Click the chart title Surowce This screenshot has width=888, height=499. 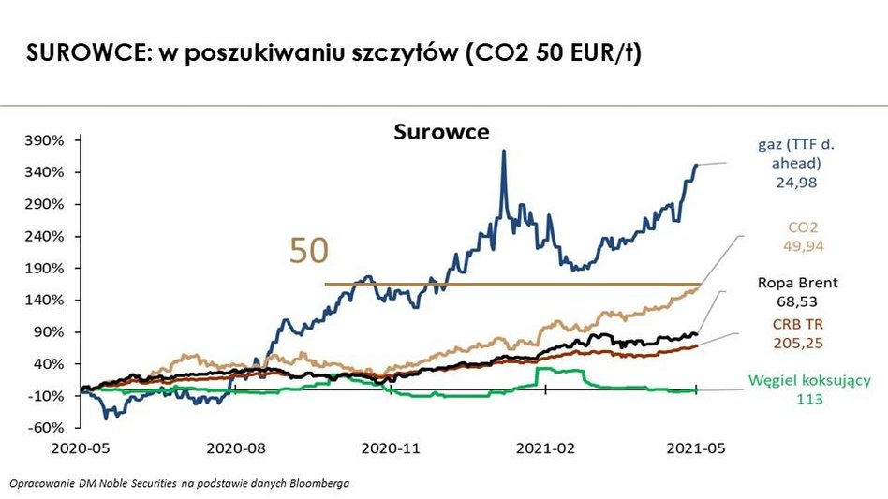click(x=440, y=132)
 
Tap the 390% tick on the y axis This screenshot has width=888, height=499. click(x=45, y=140)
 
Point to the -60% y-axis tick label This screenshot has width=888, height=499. click(x=45, y=428)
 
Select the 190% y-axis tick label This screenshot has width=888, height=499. click(x=45, y=268)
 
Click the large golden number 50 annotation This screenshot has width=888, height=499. click(x=309, y=252)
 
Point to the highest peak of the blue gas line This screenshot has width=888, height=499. click(x=504, y=152)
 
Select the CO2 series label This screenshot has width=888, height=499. click(x=797, y=228)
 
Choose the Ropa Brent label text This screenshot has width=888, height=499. click(x=797, y=283)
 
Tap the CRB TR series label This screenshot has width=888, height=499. click(x=797, y=324)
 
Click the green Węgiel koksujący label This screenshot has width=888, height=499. click(x=810, y=381)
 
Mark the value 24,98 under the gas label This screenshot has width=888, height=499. click(x=797, y=183)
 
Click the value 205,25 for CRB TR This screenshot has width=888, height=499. click(x=797, y=344)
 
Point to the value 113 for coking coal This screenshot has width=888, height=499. click(x=810, y=400)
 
